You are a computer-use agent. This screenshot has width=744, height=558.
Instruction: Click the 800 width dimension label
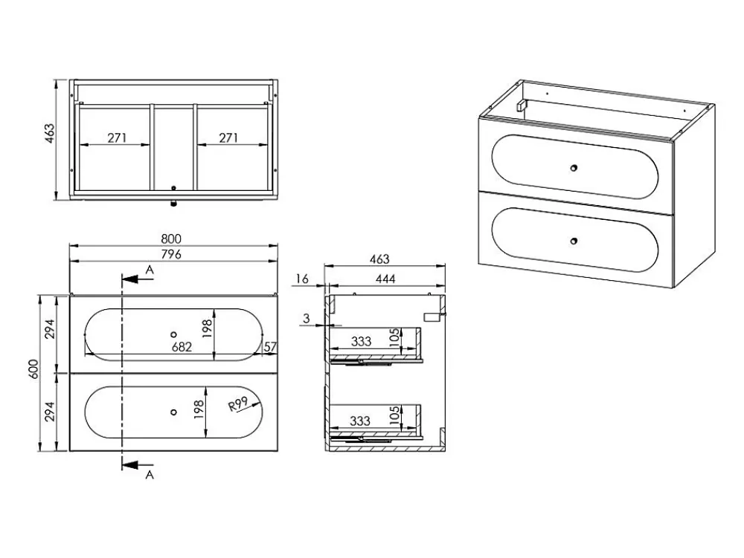click(171, 239)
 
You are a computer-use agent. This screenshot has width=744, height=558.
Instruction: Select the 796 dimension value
click(171, 254)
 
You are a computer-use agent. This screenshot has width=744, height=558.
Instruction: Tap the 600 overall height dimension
click(33, 369)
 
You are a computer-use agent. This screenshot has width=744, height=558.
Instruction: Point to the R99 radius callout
click(239, 404)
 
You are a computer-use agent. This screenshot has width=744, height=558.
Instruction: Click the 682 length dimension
click(182, 347)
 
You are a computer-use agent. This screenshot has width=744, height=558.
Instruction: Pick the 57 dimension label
click(269, 347)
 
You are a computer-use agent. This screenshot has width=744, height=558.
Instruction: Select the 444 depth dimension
click(385, 279)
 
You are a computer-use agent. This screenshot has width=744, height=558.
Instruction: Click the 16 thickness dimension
click(302, 279)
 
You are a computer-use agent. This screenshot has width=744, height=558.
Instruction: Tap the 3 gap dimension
click(306, 319)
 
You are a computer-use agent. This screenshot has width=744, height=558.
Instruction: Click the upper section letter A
click(150, 270)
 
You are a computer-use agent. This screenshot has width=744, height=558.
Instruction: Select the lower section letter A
click(150, 475)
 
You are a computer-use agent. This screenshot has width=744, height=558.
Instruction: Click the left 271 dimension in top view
click(117, 138)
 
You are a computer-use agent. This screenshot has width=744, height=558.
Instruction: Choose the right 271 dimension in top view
click(228, 138)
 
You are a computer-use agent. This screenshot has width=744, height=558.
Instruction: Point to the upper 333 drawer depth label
click(361, 341)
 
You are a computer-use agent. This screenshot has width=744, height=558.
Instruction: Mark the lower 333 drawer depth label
click(360, 421)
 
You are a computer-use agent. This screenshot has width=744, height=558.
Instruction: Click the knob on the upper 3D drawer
click(574, 168)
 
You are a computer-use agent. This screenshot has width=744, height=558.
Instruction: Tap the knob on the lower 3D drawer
click(574, 241)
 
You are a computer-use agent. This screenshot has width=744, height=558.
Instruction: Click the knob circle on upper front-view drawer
click(173, 335)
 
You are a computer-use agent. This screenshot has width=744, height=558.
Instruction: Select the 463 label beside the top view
click(50, 134)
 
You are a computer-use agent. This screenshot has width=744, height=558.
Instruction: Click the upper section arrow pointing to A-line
click(138, 279)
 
